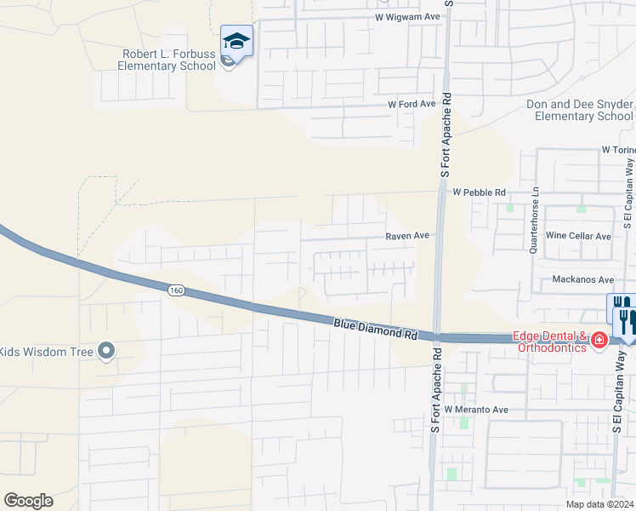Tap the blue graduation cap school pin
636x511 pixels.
[x=236, y=41]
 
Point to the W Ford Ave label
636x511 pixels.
[x=412, y=104]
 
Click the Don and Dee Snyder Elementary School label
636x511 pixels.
[x=580, y=110]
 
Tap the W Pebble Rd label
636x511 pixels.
[x=479, y=192]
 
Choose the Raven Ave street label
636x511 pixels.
[x=407, y=235]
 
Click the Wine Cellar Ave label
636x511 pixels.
[x=578, y=236]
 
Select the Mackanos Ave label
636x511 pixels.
[x=582, y=279]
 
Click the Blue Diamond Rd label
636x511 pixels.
[x=375, y=329]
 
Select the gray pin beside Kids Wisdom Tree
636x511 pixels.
[x=106, y=350]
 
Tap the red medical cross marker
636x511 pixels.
[x=599, y=341]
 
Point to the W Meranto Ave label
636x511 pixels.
[x=475, y=410]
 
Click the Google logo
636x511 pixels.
[x=28, y=501]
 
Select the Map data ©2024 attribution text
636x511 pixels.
[x=599, y=504]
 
